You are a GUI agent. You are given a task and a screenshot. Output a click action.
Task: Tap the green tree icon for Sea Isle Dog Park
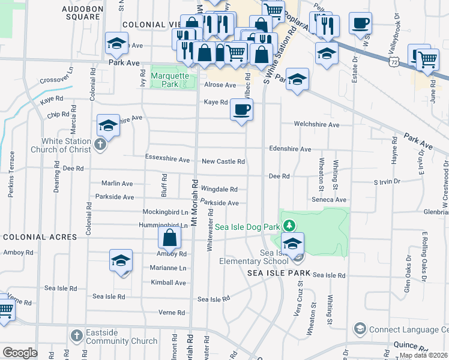click(289, 226)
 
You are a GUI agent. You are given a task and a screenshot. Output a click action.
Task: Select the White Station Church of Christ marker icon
click(100, 145)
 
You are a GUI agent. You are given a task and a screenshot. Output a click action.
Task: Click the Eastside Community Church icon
click(76, 335)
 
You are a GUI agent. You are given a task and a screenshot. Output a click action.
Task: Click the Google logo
click(20, 353)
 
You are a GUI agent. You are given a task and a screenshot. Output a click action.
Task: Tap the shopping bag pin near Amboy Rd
click(170, 238)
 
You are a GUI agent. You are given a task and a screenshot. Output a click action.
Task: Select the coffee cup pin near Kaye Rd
click(241, 110)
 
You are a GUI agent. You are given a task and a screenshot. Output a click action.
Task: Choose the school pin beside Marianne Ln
click(121, 261)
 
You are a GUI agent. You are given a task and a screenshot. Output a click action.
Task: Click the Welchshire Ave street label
click(316, 125)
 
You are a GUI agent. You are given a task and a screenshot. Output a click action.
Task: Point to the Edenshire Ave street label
click(290, 149)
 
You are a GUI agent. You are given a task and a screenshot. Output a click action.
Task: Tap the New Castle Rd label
click(223, 161)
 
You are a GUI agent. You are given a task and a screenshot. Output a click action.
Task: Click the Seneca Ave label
click(329, 200)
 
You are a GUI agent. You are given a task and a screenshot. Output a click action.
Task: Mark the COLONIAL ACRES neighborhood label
click(40, 237)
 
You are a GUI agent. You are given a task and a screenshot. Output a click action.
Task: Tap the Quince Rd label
click(410, 346)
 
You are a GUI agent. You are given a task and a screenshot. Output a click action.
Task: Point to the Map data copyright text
click(423, 355)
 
